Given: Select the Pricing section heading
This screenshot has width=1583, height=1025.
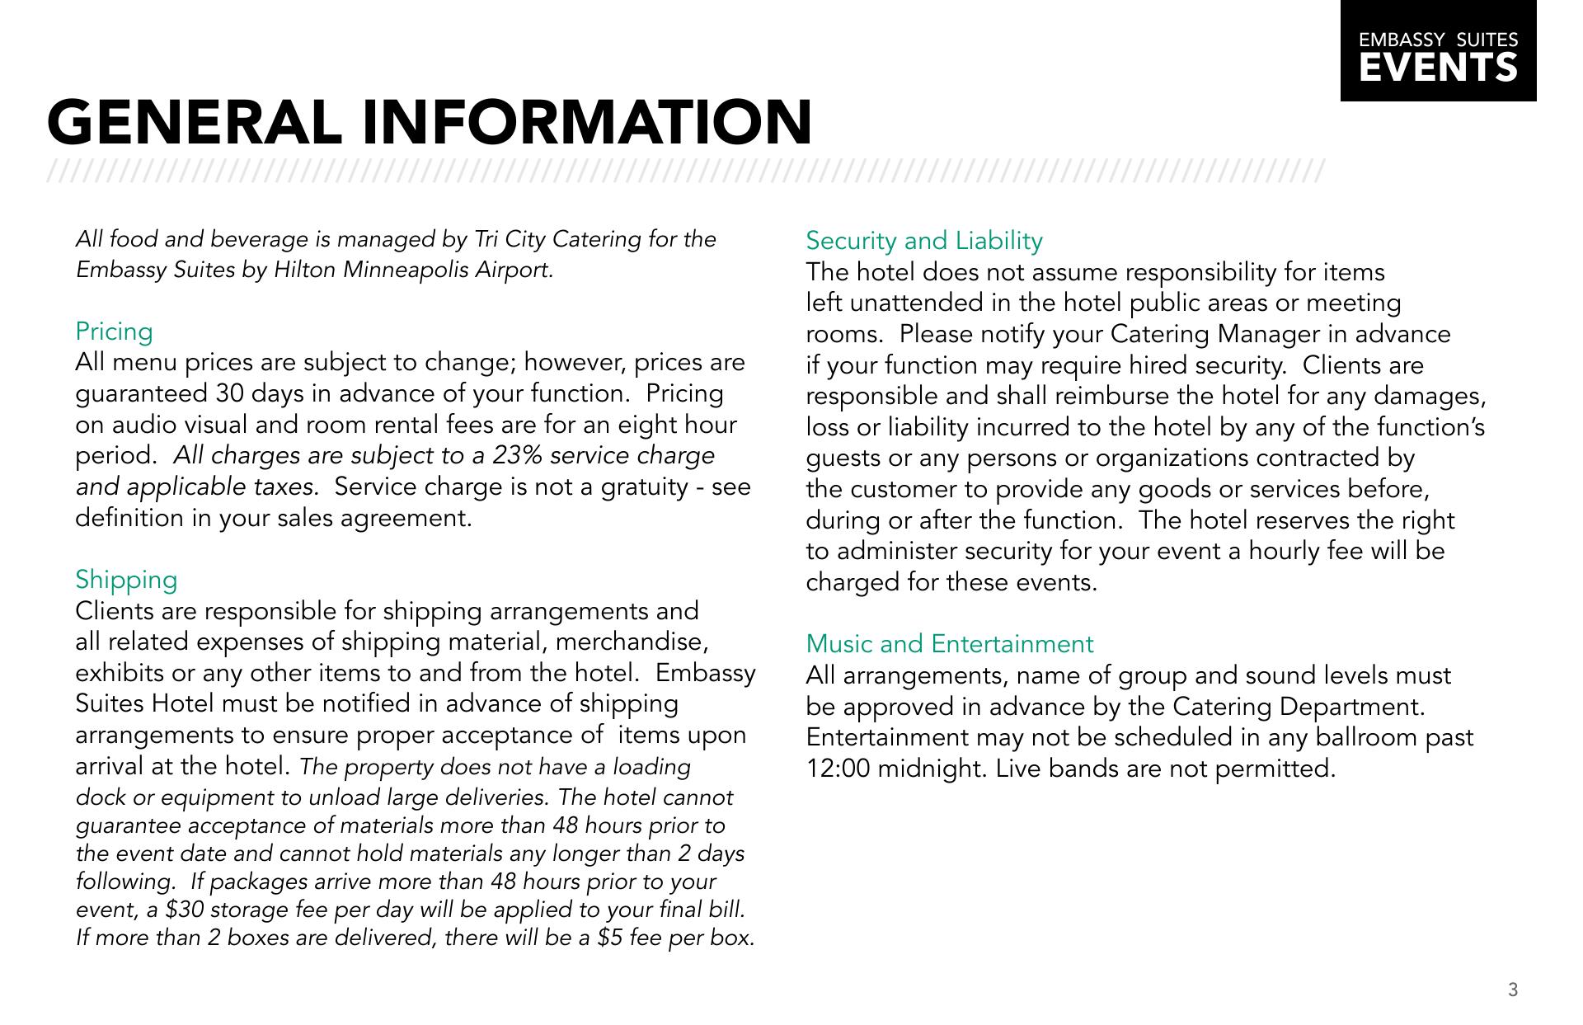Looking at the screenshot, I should (114, 331).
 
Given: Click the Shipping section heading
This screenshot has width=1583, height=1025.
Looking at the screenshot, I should (126, 580).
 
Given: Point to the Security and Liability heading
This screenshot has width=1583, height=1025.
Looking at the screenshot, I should (923, 241).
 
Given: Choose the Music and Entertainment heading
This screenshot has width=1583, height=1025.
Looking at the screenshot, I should (949, 644).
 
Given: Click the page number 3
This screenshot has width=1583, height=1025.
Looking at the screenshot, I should (1512, 990).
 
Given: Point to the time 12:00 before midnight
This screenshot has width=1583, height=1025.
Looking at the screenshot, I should (838, 769).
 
